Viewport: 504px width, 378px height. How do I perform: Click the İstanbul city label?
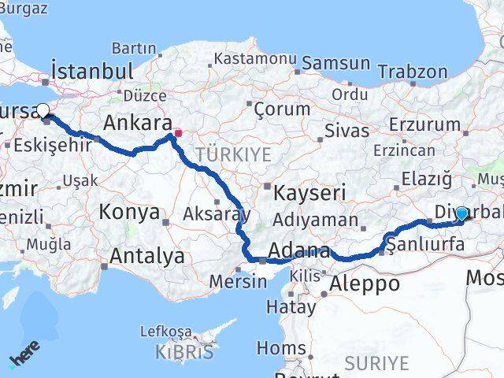pos(91,72)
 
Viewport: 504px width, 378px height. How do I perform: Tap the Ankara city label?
pos(138,123)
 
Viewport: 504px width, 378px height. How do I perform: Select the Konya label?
pos(129,213)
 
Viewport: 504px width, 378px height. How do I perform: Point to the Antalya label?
pos(147,256)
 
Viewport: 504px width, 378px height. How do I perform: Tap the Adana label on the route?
pos(298,252)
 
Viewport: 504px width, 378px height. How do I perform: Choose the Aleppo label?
pos(364,283)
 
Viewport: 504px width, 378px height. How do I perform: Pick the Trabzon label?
pos(412,71)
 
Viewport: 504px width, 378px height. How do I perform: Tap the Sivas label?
pos(346,130)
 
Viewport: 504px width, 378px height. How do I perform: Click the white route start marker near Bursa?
pos(43,112)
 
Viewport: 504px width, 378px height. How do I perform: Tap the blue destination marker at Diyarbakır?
pos(461,213)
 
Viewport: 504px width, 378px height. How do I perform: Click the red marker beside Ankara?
pos(179,132)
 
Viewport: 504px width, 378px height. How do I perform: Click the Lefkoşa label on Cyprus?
pos(165,332)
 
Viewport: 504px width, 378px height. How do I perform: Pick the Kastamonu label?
pos(254,59)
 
